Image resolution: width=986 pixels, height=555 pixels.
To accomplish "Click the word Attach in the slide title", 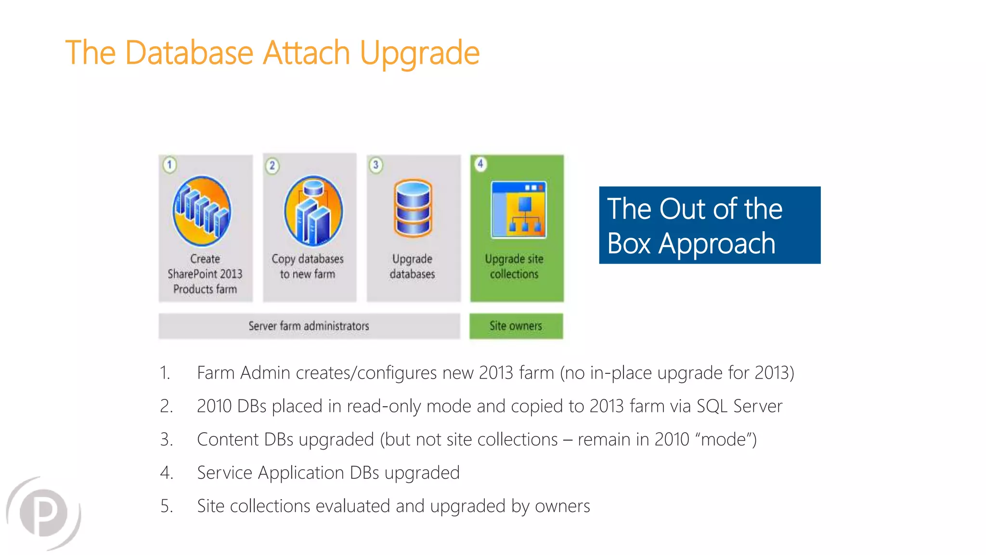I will click(x=306, y=53).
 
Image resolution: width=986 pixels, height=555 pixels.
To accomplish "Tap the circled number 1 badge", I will click(x=169, y=165).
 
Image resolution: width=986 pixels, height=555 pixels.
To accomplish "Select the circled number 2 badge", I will click(x=272, y=166).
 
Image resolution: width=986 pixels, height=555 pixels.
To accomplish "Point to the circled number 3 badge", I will click(x=376, y=165).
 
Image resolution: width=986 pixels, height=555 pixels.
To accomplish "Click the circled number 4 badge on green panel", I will click(x=480, y=164).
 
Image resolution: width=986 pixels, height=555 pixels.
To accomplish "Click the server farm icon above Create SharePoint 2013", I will click(x=202, y=211).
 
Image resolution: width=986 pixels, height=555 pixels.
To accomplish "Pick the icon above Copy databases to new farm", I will click(x=313, y=211).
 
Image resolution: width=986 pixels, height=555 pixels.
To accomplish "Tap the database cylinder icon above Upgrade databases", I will click(x=413, y=209).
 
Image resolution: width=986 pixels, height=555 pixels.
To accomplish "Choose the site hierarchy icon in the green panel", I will click(x=519, y=210).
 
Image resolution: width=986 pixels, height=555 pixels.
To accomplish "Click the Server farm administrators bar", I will click(x=309, y=326).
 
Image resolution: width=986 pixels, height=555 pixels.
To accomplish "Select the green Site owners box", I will click(x=516, y=326).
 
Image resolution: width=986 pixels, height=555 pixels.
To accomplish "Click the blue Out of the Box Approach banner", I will click(x=710, y=225).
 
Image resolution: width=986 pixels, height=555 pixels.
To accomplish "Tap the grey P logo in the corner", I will click(x=44, y=513).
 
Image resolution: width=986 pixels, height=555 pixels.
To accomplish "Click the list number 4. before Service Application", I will click(x=167, y=473).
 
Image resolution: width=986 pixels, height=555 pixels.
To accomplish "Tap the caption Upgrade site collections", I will click(x=514, y=266).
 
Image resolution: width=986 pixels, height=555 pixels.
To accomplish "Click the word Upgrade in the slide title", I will click(x=419, y=53).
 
